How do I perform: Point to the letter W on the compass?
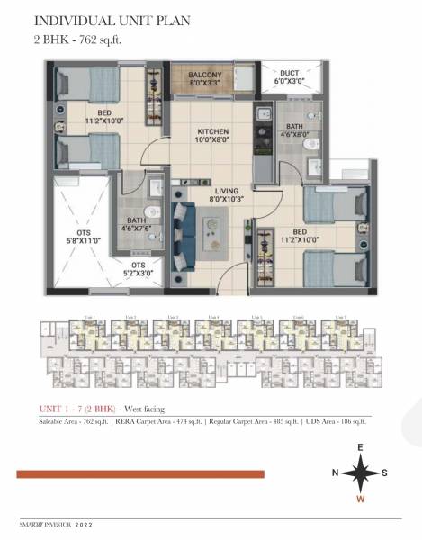coord(360,499)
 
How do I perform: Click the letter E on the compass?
coord(360,446)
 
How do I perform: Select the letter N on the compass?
coord(334,472)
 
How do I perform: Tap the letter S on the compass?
coord(386,472)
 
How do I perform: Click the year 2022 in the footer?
coord(83,523)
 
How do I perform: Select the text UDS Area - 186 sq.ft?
coord(336,421)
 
